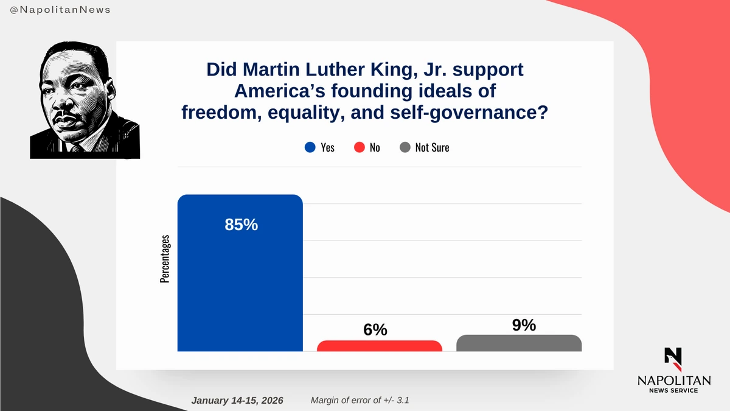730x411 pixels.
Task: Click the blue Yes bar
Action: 240,280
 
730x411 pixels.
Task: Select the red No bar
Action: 379,346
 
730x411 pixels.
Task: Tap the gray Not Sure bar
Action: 519,343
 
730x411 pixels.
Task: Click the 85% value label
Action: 241,225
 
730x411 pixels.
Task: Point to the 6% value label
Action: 375,329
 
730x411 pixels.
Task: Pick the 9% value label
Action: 524,325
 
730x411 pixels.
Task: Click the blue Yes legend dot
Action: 310,147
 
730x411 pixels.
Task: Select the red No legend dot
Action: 360,147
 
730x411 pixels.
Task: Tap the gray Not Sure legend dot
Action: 405,147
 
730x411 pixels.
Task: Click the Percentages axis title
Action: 165,259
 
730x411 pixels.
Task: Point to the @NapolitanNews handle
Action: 56,10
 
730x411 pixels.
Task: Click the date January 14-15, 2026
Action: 241,401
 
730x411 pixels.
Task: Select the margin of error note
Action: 364,401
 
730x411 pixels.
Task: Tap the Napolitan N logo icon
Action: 673,360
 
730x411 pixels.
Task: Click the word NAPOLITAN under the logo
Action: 673,380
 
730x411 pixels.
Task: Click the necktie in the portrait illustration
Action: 77,148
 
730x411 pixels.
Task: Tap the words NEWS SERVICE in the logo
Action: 673,390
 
